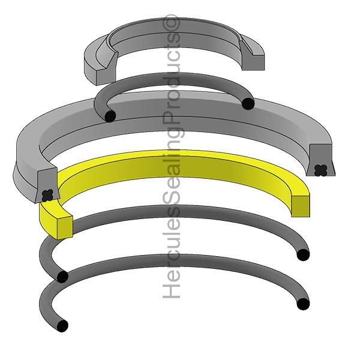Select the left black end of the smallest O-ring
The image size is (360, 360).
[109, 116]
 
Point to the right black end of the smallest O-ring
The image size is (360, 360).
[248, 104]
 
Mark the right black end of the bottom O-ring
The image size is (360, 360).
[304, 304]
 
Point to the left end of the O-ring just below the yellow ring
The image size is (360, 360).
[62, 277]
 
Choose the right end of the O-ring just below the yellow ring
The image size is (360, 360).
[304, 255]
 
